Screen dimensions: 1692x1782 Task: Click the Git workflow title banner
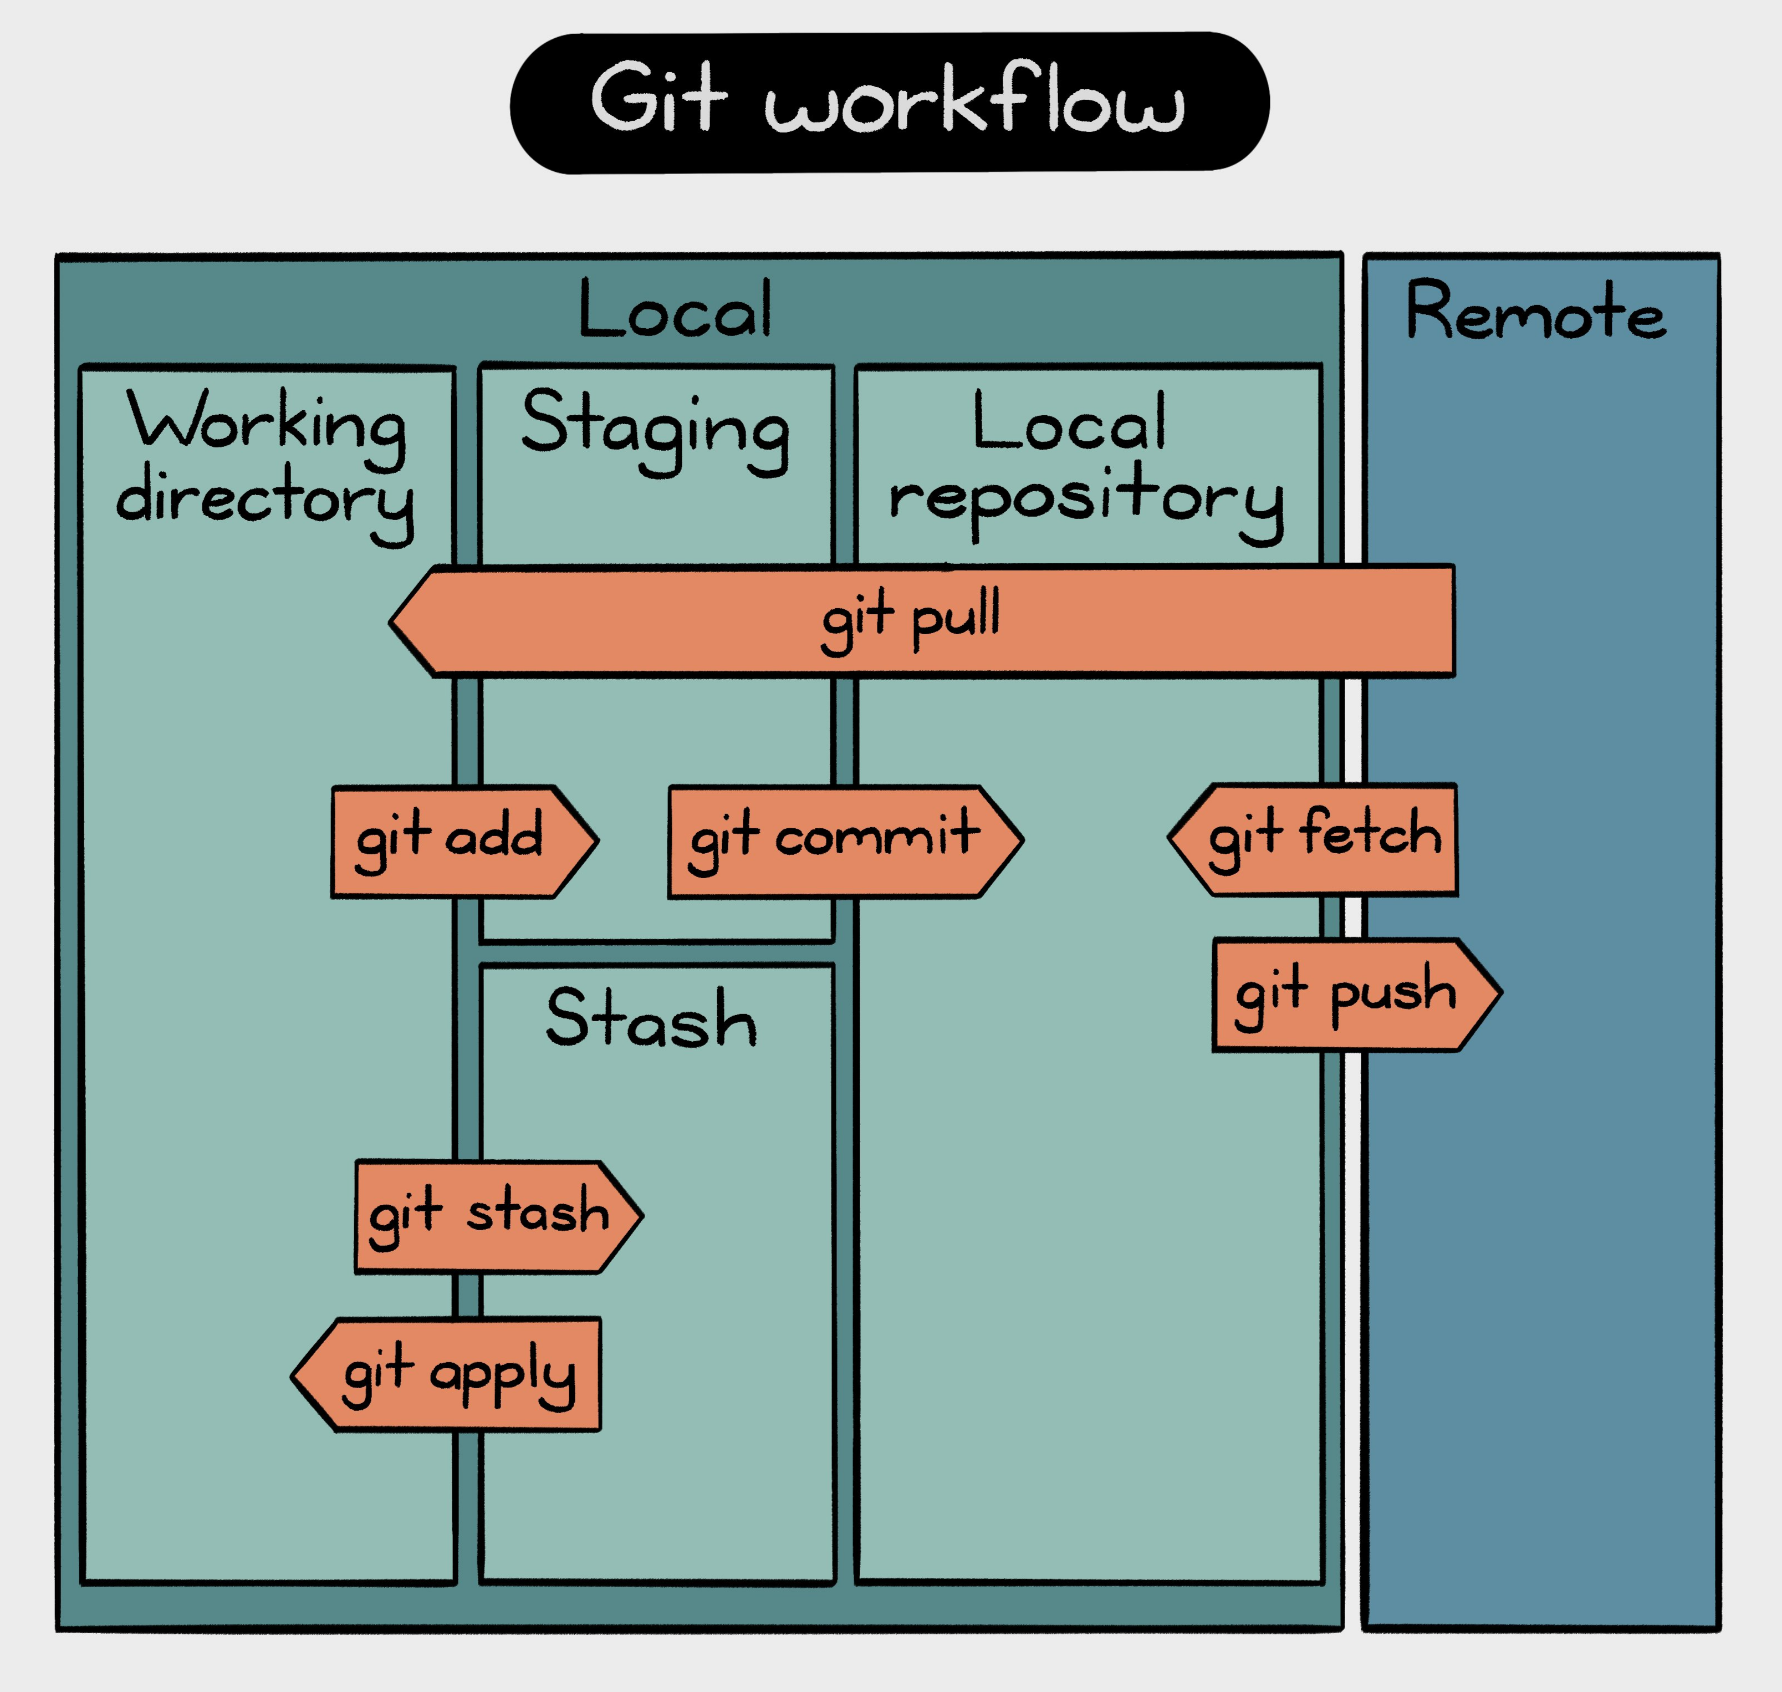[x=889, y=102]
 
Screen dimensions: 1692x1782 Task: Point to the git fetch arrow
[x=1316, y=839]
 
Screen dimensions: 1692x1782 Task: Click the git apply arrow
[x=451, y=1374]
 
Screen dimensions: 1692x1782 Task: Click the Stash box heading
[x=651, y=1019]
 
